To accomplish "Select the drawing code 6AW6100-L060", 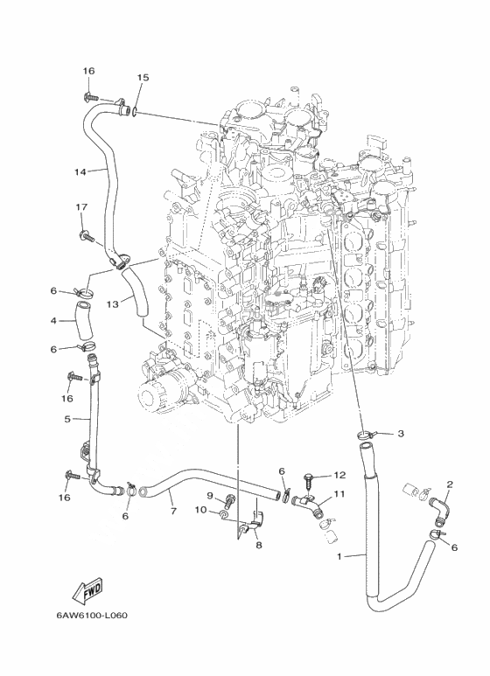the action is [x=92, y=615].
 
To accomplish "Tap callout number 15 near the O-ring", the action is [x=143, y=78].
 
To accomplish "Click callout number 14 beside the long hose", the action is [x=80, y=172].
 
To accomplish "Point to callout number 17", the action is [x=81, y=207].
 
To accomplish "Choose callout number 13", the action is [x=113, y=305].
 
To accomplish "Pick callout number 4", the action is [x=53, y=321].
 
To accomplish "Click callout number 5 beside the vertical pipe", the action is [x=67, y=419].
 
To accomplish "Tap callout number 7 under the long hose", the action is [x=173, y=512].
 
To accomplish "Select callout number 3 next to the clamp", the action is [x=401, y=433].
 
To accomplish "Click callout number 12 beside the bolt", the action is [x=339, y=475].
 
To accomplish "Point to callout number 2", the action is [x=450, y=484].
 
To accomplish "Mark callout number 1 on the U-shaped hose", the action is [x=339, y=556].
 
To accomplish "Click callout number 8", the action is [x=259, y=546].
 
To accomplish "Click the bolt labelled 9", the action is [x=228, y=502].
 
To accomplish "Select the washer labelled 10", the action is [x=224, y=515].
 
